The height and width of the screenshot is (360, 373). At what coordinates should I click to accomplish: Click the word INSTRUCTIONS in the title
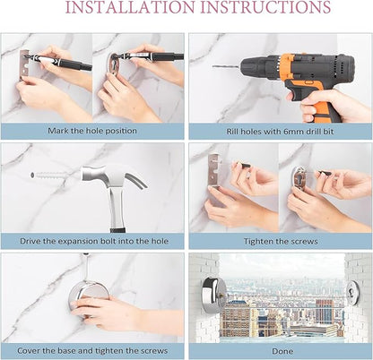point(265,7)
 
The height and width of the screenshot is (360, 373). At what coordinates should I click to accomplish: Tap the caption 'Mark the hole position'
point(92,131)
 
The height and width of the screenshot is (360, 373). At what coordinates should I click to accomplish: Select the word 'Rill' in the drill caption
point(232,132)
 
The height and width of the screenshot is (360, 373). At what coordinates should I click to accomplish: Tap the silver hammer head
point(115,177)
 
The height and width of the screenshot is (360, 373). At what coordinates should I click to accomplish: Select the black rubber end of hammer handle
point(117,230)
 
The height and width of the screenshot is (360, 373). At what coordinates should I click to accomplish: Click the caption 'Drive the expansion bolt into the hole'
point(94,241)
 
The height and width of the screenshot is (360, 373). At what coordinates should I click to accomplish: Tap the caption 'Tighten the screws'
point(281,241)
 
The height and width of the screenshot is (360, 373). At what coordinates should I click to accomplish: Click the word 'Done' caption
point(282,351)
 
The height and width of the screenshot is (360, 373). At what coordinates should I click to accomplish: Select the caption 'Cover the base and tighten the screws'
point(92,350)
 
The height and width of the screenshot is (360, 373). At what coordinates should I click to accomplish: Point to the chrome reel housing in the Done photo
point(212,294)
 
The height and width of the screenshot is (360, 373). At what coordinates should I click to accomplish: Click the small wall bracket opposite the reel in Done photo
point(351,294)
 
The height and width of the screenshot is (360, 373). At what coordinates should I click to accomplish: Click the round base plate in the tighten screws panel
point(299,181)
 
